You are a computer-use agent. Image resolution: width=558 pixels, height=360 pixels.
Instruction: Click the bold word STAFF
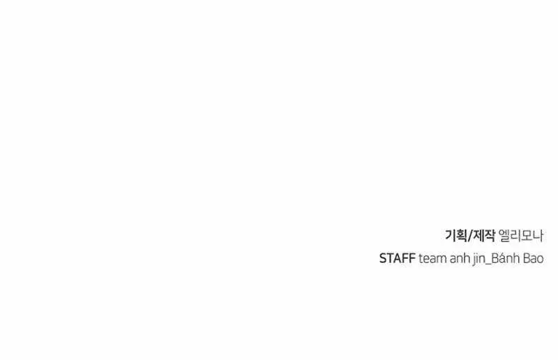397,259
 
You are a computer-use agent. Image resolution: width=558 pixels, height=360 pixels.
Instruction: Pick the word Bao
534,259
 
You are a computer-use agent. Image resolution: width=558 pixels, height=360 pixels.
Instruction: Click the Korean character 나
538,235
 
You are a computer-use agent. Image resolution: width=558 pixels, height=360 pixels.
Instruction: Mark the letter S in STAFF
383,259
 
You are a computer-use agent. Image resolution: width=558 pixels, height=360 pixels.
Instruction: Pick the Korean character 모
527,235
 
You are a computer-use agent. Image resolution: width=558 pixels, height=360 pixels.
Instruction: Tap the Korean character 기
450,235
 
